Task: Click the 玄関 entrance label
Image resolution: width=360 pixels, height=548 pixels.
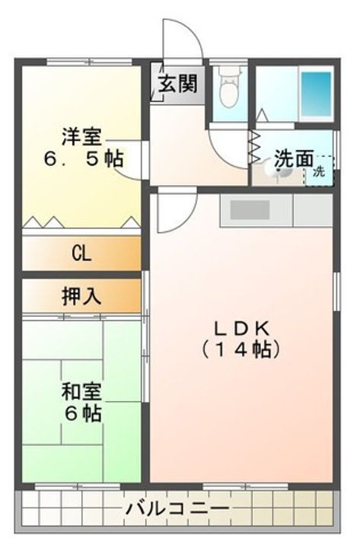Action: point(178,84)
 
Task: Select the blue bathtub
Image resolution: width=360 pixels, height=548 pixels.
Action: point(316,94)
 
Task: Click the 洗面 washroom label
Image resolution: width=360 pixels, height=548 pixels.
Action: point(293,159)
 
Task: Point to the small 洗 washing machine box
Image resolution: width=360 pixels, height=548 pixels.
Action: point(320,171)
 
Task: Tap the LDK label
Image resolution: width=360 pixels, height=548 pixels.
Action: point(241,329)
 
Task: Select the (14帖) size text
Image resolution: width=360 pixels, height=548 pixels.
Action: point(241,349)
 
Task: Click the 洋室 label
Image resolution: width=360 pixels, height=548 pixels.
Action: point(82,137)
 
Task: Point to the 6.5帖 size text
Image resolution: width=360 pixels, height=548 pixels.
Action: point(83,158)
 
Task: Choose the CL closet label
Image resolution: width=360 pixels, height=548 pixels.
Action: point(81,253)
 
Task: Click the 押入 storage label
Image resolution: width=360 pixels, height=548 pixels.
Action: point(81,296)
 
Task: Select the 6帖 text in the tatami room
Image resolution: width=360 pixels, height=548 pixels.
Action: point(82,413)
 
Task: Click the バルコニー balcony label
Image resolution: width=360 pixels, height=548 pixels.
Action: point(177,508)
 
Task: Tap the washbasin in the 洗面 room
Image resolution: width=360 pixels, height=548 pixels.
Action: point(279,170)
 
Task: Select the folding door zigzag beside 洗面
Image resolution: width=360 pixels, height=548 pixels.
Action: point(254,148)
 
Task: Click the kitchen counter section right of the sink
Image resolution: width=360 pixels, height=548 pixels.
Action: point(313,210)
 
